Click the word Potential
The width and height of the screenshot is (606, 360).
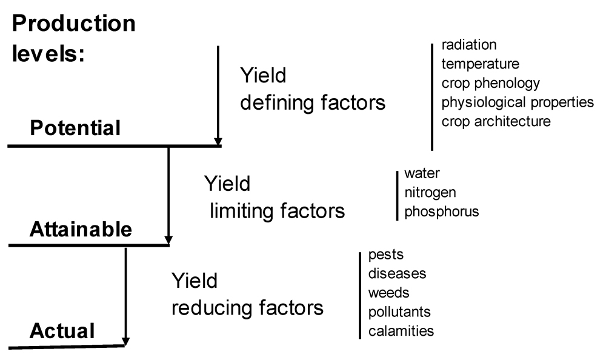(x=75, y=128)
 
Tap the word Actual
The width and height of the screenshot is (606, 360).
(x=62, y=331)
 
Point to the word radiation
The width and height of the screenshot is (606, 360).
(x=469, y=45)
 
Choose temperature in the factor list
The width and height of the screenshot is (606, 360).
(x=481, y=64)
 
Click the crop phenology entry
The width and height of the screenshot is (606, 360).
(x=491, y=83)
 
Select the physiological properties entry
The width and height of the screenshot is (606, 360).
(x=518, y=102)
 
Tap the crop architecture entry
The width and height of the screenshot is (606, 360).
(x=496, y=121)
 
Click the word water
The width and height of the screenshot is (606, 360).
(x=422, y=173)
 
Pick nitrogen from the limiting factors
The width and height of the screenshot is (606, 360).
(x=430, y=192)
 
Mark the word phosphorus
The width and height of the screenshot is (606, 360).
(x=442, y=212)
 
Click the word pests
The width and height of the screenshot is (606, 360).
(x=386, y=255)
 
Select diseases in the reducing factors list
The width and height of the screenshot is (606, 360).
(x=398, y=273)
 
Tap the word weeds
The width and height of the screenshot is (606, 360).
(x=388, y=293)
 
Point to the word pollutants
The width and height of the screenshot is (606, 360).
(x=399, y=312)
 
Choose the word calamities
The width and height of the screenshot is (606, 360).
(x=401, y=331)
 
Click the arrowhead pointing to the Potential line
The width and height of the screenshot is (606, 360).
(x=218, y=141)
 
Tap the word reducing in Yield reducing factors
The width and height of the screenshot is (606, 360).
(x=211, y=307)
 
